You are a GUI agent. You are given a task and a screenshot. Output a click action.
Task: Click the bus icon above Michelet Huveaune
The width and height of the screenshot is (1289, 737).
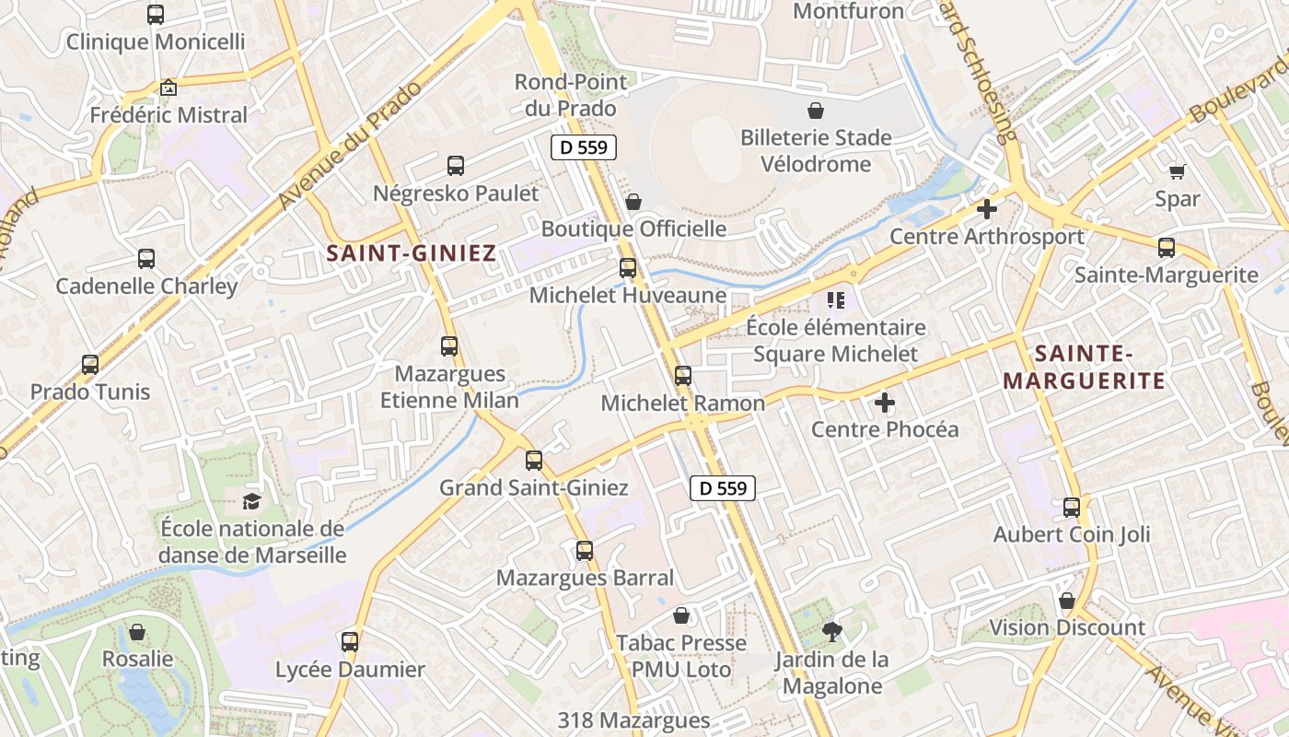coord(628,268)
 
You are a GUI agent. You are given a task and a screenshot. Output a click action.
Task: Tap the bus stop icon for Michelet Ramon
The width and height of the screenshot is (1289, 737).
coord(682,376)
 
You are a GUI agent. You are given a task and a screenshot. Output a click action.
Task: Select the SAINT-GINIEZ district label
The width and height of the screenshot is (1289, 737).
coord(412,252)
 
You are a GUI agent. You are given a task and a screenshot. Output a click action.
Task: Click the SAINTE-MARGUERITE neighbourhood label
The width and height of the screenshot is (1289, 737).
coord(1084,367)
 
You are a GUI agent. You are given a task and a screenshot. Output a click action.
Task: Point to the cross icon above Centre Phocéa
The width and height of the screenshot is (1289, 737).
coord(885,403)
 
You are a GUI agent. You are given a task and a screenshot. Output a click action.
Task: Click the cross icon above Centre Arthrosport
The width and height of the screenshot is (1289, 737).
coord(987,209)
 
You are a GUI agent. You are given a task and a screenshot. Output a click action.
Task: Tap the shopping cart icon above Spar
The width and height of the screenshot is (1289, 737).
coord(1177,171)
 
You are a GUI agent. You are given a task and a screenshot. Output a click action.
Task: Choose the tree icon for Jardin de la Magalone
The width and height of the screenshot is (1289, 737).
coord(832,632)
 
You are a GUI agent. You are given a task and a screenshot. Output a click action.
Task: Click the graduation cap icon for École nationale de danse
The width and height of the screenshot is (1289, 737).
coord(251,501)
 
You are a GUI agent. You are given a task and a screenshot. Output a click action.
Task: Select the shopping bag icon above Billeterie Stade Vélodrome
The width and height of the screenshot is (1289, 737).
coord(816,111)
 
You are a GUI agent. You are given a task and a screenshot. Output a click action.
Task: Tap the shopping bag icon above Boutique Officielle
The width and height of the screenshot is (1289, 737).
coord(633,202)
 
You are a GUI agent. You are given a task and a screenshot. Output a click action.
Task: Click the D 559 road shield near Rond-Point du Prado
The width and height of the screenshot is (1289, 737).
coord(584,146)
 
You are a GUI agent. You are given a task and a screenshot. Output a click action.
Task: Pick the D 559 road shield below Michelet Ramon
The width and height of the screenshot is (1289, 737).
coord(723,488)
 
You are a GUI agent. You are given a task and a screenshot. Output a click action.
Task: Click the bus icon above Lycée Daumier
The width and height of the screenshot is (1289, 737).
coord(350,642)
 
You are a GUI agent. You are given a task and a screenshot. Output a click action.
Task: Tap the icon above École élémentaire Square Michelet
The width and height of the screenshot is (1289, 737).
coord(836,299)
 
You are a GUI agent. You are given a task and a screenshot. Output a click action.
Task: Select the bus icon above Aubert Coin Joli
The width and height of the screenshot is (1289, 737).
coord(1072,507)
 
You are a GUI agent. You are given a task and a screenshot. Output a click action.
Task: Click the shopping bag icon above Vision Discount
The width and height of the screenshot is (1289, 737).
coord(1067,602)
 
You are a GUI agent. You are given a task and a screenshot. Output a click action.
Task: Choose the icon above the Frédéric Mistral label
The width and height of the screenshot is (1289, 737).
coord(168,88)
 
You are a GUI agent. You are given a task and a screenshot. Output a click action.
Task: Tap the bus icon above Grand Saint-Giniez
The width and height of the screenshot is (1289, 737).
coord(534,461)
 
